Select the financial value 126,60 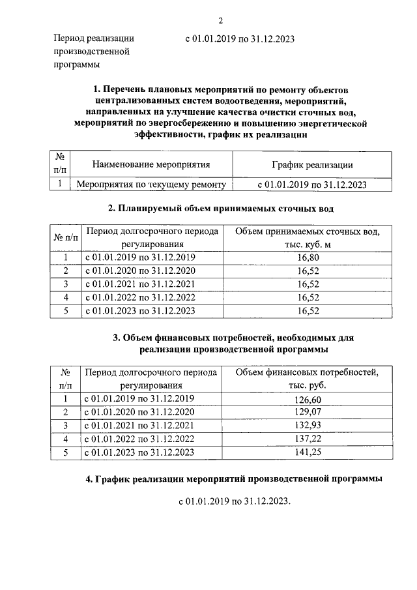click(x=308, y=399)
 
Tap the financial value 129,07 click(x=308, y=412)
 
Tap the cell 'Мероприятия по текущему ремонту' click(x=151, y=184)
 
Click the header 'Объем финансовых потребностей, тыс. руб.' click(x=308, y=379)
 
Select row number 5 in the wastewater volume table click(x=65, y=311)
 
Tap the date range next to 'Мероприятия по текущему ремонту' click(x=312, y=184)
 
